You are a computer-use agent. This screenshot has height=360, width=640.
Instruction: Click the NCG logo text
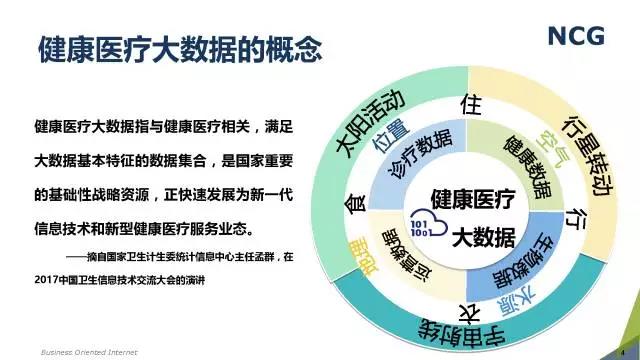point(575,37)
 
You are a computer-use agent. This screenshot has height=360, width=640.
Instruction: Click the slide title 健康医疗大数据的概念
point(180,47)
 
